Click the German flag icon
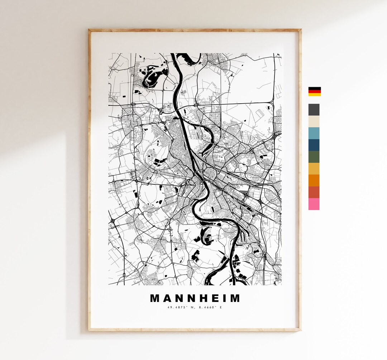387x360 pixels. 314,91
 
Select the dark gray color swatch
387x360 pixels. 314,109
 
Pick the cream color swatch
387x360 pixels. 314,121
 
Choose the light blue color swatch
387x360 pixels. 314,133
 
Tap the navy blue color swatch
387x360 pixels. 314,145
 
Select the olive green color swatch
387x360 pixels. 314,157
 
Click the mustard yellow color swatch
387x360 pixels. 314,169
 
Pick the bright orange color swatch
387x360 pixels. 314,180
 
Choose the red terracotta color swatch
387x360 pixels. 314,192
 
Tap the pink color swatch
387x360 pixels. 314,204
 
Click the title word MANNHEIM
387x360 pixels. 195,298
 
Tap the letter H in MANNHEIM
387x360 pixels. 202,298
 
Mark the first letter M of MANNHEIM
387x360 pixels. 154,298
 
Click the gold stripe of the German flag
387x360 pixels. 314,95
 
